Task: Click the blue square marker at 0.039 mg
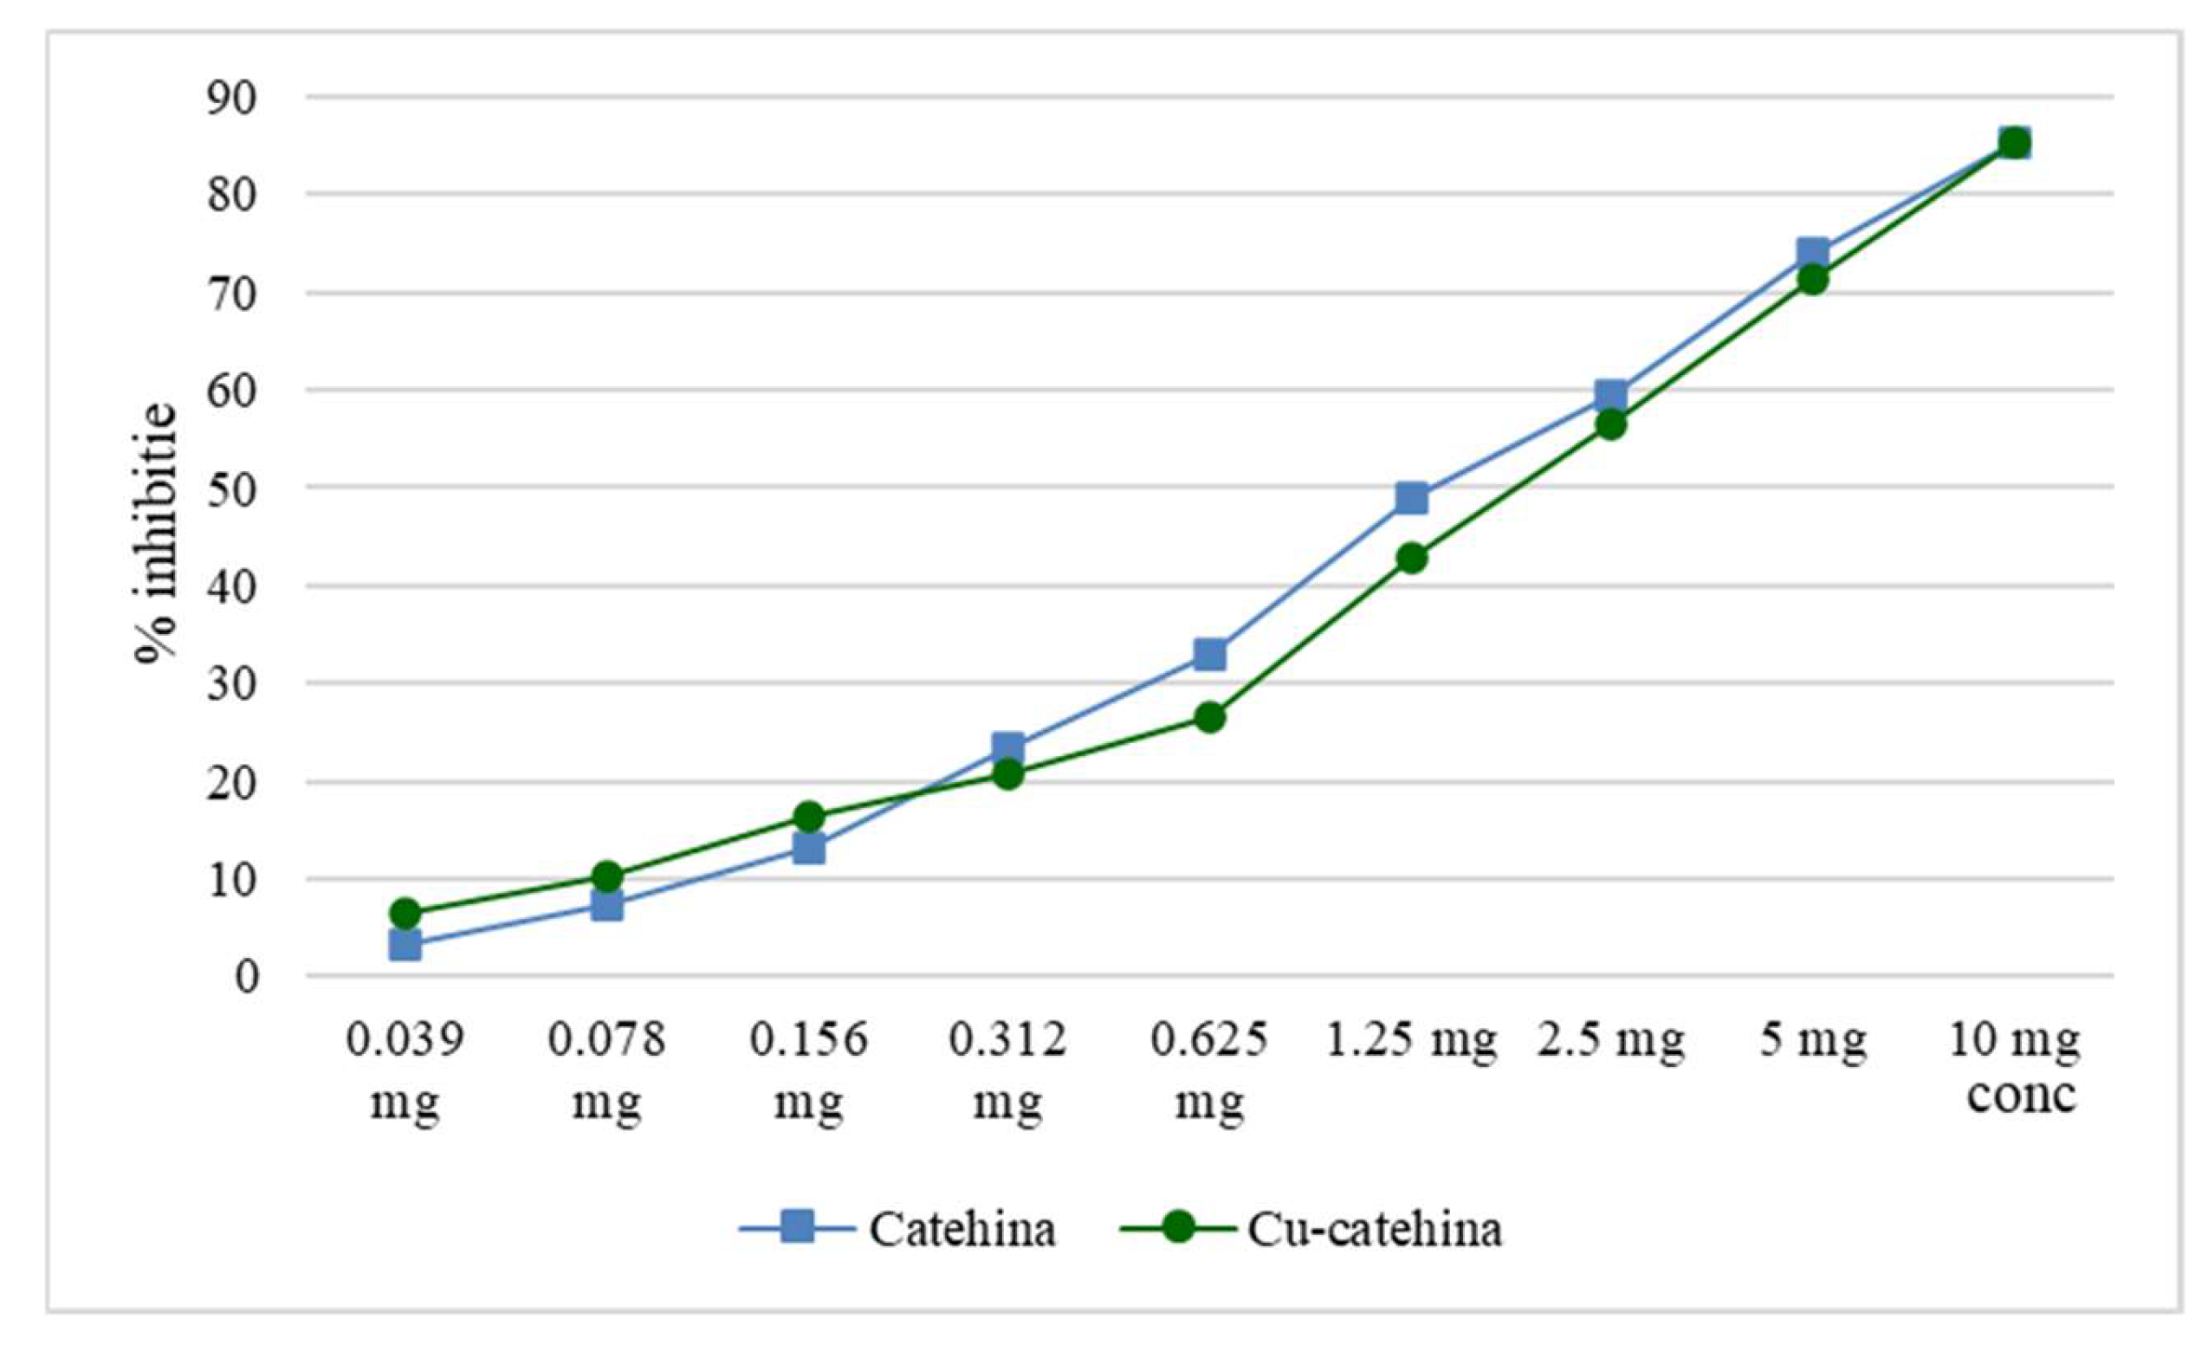pyautogui.click(x=405, y=945)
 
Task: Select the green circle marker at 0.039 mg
pyautogui.click(x=405, y=914)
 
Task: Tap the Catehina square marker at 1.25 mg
pyautogui.click(x=1412, y=498)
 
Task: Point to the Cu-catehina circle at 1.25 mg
pyautogui.click(x=1412, y=559)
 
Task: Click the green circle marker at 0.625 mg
pyautogui.click(x=1210, y=717)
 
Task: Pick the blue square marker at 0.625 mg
pyautogui.click(x=1210, y=655)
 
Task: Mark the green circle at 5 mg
pyautogui.click(x=1813, y=281)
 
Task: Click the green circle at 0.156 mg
pyautogui.click(x=808, y=817)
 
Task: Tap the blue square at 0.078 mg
pyautogui.click(x=607, y=905)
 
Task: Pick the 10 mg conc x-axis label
pyautogui.click(x=2014, y=1067)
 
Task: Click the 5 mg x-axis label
pyautogui.click(x=1813, y=1041)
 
